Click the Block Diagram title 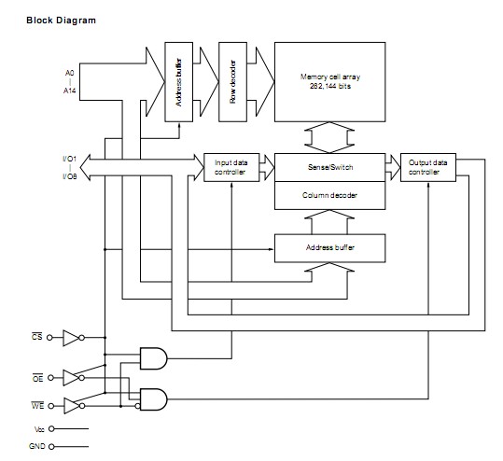61,19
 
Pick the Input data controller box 231,167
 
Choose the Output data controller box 428,167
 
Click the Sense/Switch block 329,167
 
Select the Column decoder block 329,194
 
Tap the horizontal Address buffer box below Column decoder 329,247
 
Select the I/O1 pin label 69,159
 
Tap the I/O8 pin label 69,176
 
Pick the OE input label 38,378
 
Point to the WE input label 38,404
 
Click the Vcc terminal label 37,429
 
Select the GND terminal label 37,446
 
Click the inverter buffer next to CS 72,339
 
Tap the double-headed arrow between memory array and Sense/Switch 329,136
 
